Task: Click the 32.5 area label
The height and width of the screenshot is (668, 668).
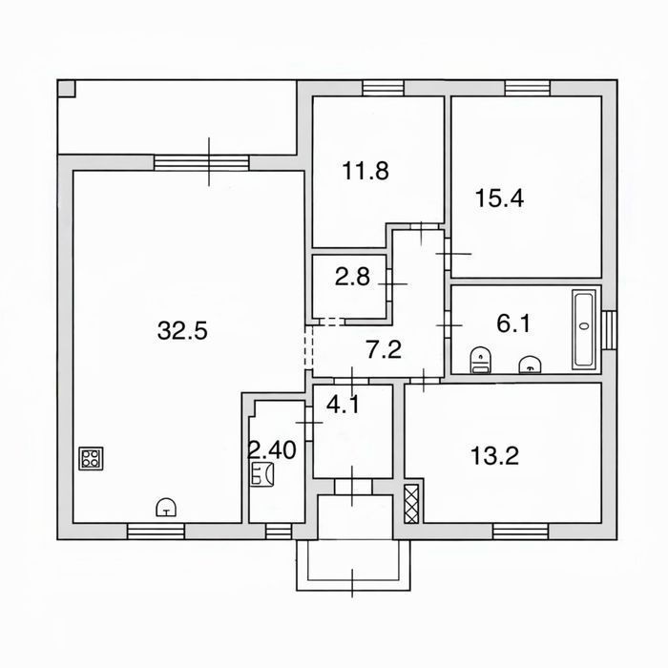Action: click(x=182, y=330)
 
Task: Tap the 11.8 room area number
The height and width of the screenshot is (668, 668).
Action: click(x=365, y=171)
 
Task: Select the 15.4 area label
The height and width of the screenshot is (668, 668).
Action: click(x=499, y=198)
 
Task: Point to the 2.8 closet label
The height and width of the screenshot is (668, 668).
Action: click(x=352, y=277)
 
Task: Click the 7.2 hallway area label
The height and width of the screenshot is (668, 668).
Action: click(x=384, y=350)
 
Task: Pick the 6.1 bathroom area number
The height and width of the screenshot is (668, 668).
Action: click(x=513, y=324)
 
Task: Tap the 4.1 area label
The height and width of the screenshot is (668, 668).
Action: click(x=343, y=405)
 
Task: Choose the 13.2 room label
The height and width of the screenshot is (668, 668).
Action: click(x=494, y=455)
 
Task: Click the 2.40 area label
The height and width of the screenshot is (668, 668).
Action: click(x=272, y=449)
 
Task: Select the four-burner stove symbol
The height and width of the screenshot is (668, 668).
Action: click(x=91, y=458)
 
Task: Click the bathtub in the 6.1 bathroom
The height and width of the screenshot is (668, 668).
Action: click(x=584, y=329)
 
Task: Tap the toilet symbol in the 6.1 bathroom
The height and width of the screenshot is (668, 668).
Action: click(x=481, y=360)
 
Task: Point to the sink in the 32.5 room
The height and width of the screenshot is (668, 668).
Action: click(x=167, y=507)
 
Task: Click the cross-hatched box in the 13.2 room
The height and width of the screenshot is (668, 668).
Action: click(x=412, y=503)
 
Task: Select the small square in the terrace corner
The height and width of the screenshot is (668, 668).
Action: click(x=67, y=89)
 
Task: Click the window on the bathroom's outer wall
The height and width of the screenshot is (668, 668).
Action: click(x=610, y=330)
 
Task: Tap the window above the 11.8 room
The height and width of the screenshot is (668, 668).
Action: click(x=383, y=88)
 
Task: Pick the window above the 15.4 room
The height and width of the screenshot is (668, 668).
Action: click(x=528, y=88)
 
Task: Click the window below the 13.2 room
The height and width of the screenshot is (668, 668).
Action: click(x=521, y=532)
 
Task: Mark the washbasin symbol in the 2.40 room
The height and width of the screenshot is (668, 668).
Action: click(x=262, y=473)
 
